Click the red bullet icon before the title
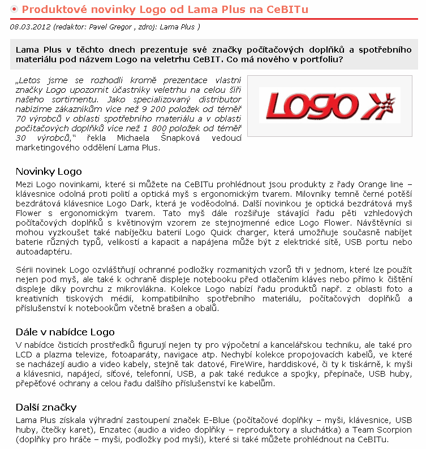[x=14, y=10]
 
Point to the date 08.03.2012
[x=28, y=27]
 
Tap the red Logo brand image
[x=329, y=105]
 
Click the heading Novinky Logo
[x=49, y=171]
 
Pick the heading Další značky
[x=46, y=408]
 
